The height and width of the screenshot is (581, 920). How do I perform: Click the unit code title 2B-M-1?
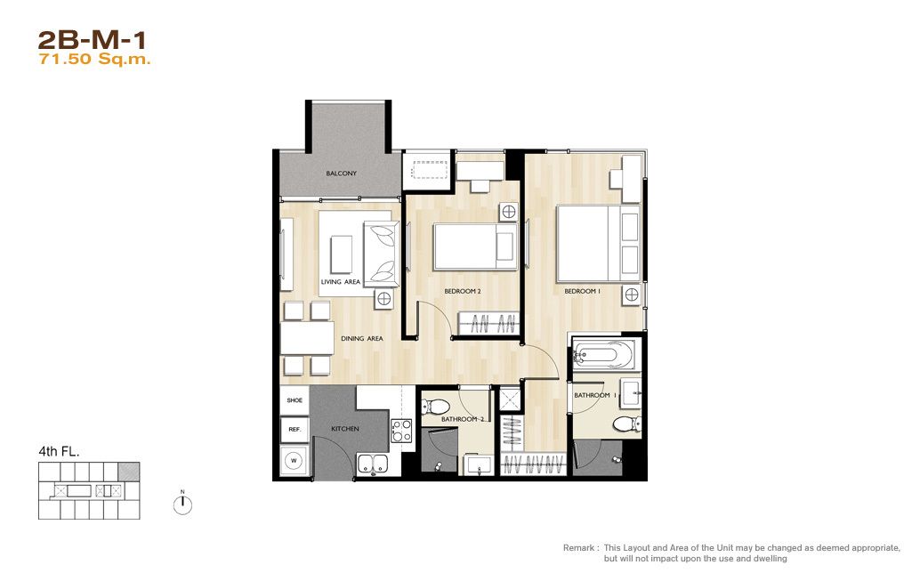(x=92, y=40)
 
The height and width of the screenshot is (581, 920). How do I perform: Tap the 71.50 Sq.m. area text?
(x=94, y=60)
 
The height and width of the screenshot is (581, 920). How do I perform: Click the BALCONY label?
(x=342, y=173)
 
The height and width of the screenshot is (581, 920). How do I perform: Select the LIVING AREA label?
(x=340, y=282)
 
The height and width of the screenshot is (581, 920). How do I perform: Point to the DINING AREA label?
(x=362, y=339)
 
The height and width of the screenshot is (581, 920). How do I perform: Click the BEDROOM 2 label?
(x=463, y=291)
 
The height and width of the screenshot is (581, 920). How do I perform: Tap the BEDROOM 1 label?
(x=582, y=291)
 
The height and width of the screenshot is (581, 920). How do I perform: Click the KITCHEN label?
(x=345, y=429)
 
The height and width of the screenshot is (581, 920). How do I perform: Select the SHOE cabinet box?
(x=295, y=400)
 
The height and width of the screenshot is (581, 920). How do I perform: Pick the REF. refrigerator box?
(x=295, y=430)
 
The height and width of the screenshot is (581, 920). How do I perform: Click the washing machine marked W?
(x=294, y=461)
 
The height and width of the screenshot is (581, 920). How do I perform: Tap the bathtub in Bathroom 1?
(x=603, y=354)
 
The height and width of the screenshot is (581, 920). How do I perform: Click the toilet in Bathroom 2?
(x=436, y=406)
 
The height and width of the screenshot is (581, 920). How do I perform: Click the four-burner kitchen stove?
(x=401, y=430)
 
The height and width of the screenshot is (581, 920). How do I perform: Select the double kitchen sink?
(x=373, y=464)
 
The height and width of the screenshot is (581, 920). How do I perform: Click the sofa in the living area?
(x=382, y=254)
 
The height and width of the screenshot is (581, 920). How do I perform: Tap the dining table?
(x=307, y=338)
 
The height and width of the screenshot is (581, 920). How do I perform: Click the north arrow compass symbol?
(x=182, y=504)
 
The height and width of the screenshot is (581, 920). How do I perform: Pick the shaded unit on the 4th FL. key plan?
(x=129, y=472)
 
